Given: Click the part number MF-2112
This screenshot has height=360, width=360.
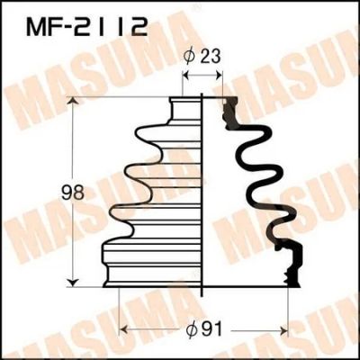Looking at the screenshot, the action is pos(86,26).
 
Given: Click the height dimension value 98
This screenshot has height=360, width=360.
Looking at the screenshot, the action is pos(72,193).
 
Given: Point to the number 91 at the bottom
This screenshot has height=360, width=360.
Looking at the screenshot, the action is pos(211,330).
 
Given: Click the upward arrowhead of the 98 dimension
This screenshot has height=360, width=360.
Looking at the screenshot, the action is pos(72,102).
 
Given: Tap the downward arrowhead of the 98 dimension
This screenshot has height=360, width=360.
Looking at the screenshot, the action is pos(72,283).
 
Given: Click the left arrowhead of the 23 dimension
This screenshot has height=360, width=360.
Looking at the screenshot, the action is pos(187,76).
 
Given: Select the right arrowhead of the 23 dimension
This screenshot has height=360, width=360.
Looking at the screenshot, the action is pos(218,76).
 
